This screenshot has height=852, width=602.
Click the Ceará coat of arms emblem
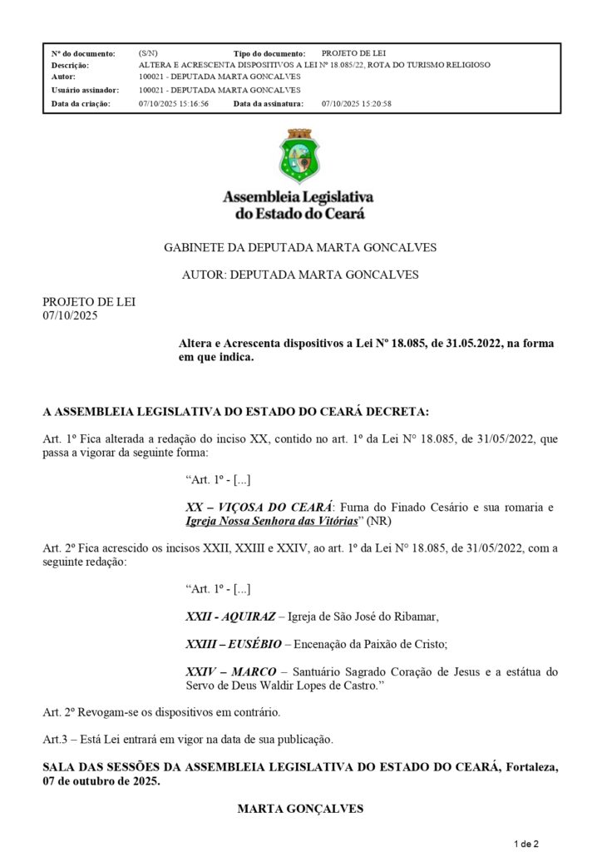pyautogui.click(x=299, y=156)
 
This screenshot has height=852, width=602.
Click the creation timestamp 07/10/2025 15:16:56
pyautogui.click(x=174, y=103)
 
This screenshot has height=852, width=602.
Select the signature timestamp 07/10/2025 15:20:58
pyautogui.click(x=356, y=103)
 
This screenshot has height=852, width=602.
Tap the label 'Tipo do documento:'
pyautogui.click(x=269, y=52)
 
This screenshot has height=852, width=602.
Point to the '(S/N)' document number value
pyautogui.click(x=148, y=52)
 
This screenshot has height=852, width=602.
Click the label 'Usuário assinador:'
pyautogui.click(x=85, y=90)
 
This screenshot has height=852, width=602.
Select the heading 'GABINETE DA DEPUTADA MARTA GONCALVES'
pyautogui.click(x=300, y=247)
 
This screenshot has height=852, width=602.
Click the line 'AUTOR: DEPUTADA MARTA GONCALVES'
pyautogui.click(x=300, y=274)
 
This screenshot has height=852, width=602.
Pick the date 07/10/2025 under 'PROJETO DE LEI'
pyautogui.click(x=70, y=315)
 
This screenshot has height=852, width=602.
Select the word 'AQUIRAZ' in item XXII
pyautogui.click(x=249, y=617)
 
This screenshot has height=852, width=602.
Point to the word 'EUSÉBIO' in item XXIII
pyautogui.click(x=254, y=644)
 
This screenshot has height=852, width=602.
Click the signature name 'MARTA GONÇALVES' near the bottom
pyautogui.click(x=300, y=808)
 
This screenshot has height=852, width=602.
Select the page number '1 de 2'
pyautogui.click(x=527, y=844)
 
